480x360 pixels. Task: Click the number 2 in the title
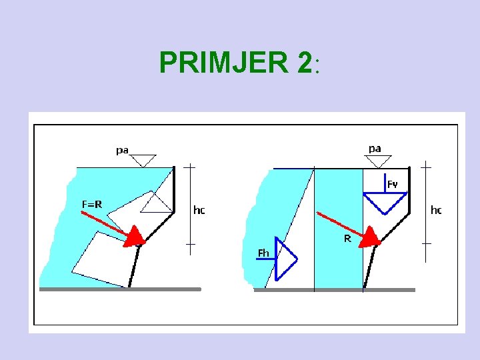click(304, 63)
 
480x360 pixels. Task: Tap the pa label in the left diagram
click(123, 150)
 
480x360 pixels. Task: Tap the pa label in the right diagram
click(375, 148)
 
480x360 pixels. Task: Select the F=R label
click(92, 204)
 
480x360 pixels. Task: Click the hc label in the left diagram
click(199, 210)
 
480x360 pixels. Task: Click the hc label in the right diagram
click(436, 210)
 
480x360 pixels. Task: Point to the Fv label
click(393, 183)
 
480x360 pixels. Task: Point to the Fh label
click(264, 253)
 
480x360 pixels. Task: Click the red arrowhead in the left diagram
click(136, 235)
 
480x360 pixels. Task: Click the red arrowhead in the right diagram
click(369, 235)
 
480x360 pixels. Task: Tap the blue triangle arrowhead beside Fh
click(285, 259)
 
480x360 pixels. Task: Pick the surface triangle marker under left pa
click(142, 160)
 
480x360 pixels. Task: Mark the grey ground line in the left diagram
click(120, 289)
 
